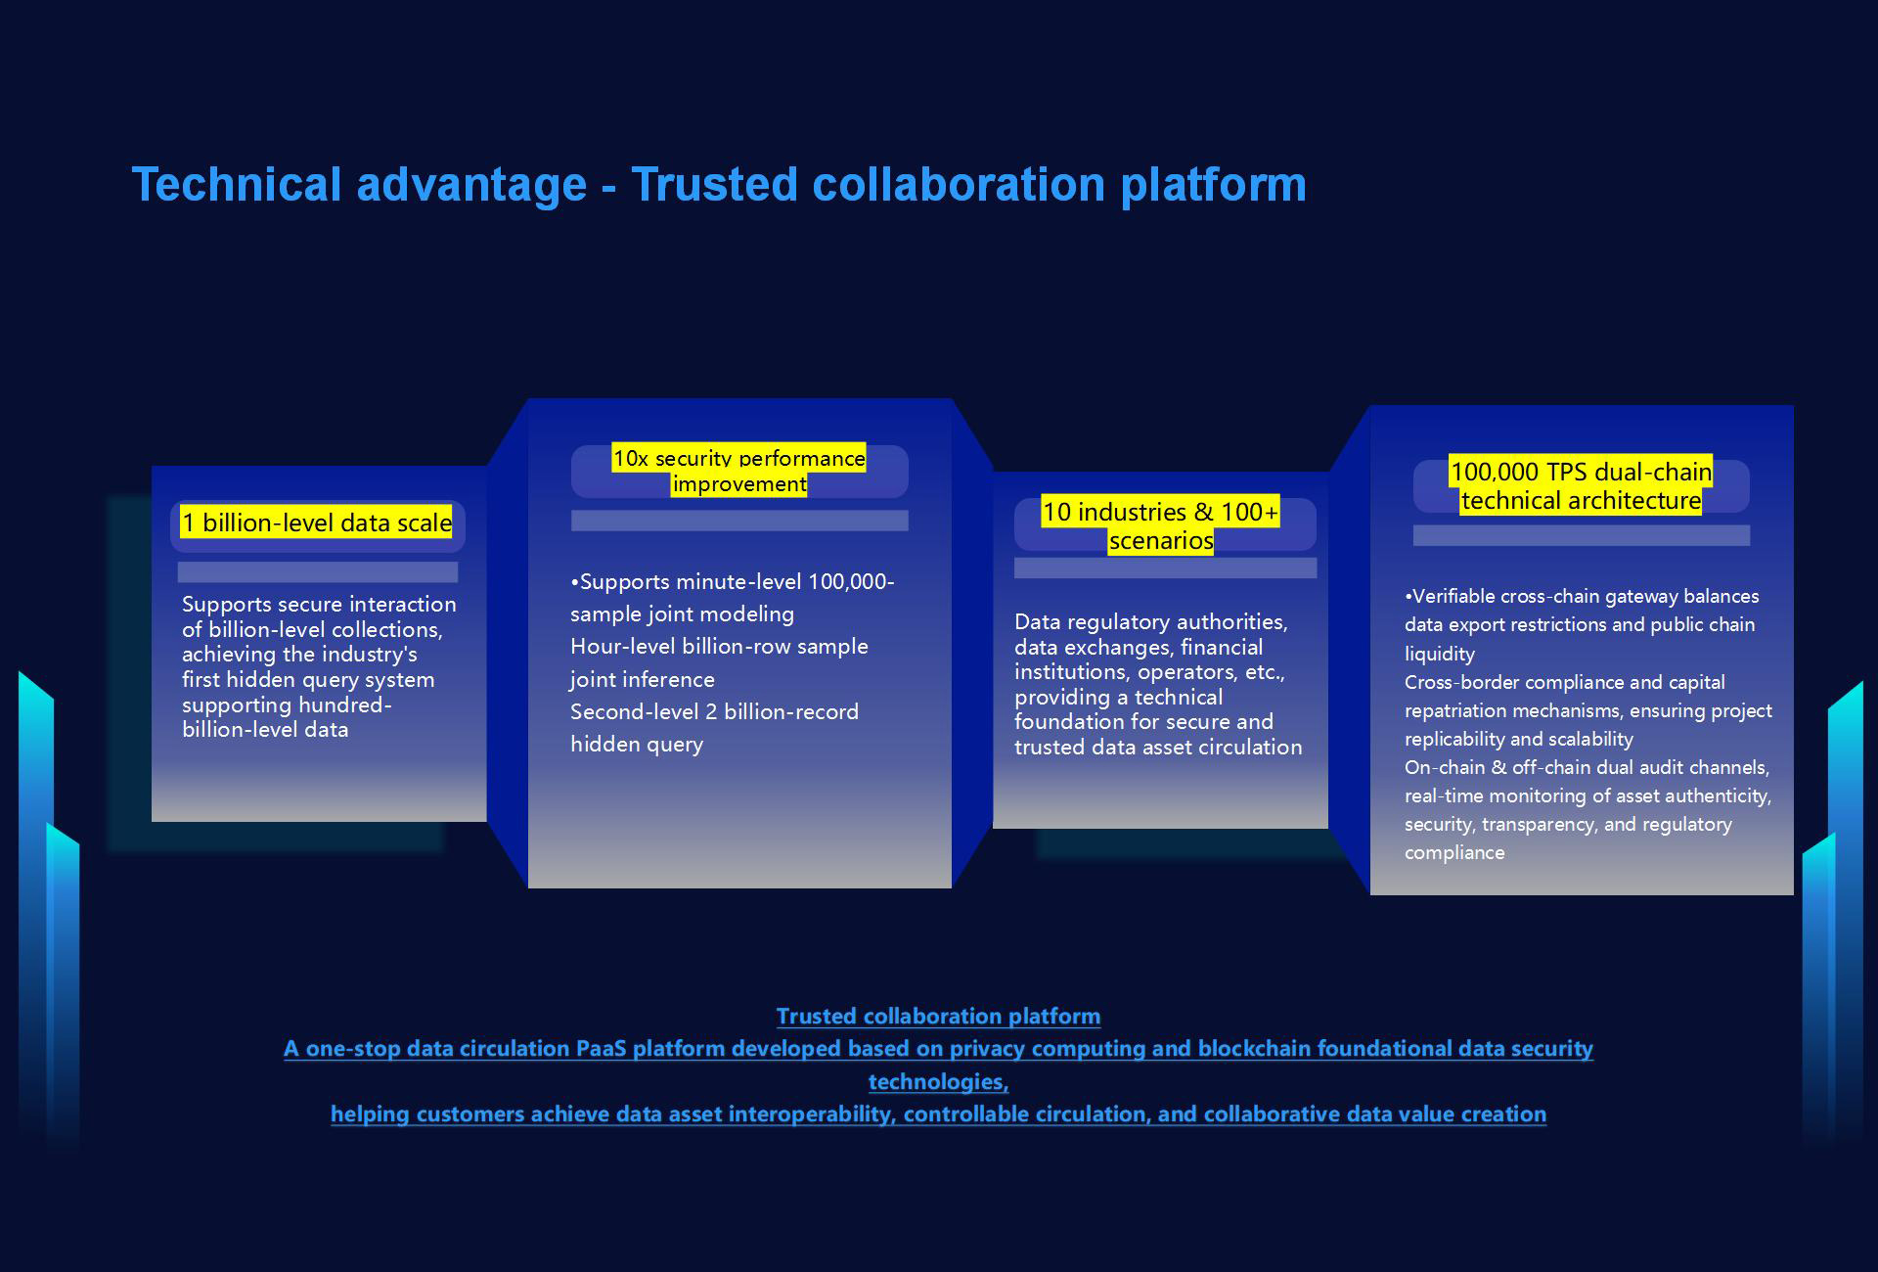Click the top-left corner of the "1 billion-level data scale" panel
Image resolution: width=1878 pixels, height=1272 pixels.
152,467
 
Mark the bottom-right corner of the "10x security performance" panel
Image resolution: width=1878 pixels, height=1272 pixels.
952,888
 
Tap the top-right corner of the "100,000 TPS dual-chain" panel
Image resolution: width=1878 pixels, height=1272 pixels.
1794,405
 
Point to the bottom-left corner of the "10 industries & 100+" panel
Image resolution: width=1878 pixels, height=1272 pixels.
993,829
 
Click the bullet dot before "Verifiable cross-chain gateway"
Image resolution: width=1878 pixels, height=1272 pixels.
1408,596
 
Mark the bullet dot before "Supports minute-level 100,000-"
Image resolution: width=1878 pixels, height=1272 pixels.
574,582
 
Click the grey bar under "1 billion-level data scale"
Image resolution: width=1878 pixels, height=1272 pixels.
318,572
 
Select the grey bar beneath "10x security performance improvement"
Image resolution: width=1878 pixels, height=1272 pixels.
739,521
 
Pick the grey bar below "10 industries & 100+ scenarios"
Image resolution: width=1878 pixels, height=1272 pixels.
1165,568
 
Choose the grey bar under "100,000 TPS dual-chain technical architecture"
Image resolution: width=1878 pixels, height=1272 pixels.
1582,535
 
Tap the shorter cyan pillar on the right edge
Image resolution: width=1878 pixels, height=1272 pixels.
1819,988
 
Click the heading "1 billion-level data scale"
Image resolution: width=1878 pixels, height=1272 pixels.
317,522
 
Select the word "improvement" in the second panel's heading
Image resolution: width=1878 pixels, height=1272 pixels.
739,484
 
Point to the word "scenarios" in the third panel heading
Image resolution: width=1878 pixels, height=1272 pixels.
1161,541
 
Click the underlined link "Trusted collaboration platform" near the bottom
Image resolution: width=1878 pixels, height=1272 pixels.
938,1017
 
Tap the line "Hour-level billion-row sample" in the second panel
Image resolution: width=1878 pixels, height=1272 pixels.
719,647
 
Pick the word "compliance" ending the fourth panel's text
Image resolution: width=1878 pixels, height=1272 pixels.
1454,853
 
